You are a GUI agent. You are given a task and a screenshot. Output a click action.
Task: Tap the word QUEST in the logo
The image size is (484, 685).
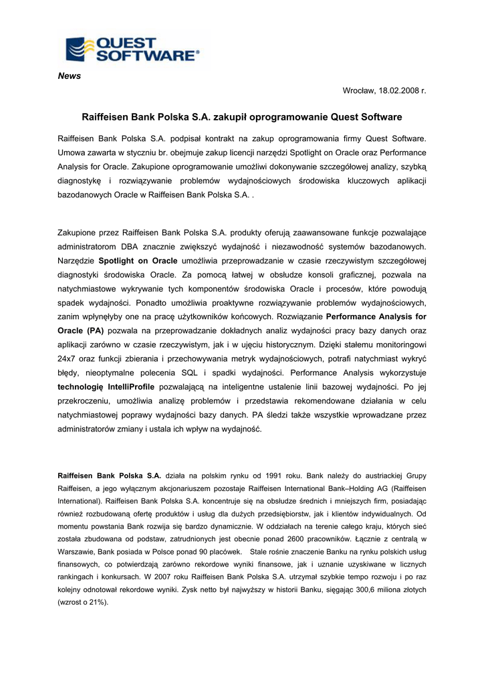(128, 43)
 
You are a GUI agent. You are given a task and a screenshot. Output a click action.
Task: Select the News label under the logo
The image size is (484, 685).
(70, 76)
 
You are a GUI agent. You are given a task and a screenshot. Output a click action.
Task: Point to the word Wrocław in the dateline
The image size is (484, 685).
(358, 90)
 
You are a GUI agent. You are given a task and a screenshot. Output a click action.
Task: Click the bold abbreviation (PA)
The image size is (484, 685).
(94, 330)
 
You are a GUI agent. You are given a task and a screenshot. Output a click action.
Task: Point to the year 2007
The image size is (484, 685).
(158, 576)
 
